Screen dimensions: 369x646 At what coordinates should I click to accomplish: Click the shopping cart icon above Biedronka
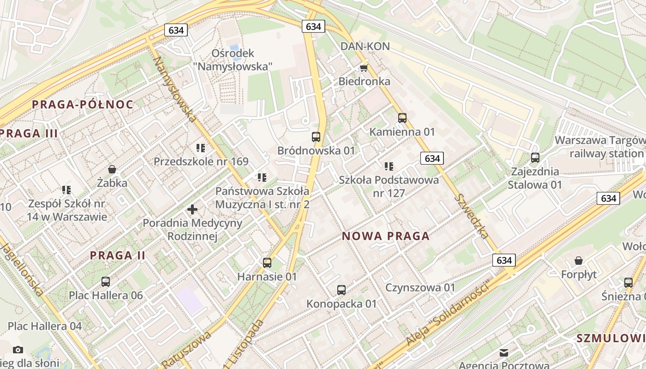364,68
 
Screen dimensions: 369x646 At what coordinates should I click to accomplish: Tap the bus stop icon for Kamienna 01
402,118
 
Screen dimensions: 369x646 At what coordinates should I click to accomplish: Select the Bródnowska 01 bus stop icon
316,137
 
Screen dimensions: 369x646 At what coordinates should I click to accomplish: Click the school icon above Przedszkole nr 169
201,148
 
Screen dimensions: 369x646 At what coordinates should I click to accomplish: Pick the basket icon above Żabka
112,169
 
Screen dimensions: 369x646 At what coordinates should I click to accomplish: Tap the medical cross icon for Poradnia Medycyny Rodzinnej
192,209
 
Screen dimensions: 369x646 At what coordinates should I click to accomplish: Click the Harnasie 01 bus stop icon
267,263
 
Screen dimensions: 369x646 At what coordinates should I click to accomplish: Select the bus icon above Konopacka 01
341,290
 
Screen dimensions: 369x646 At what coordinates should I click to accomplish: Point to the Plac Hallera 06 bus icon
106,281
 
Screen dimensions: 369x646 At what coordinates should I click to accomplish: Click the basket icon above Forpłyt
579,261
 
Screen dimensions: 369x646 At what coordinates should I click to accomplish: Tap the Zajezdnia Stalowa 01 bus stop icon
535,158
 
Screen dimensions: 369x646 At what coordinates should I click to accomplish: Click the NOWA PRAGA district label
386,236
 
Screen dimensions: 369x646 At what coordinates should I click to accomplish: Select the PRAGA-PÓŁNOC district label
83,104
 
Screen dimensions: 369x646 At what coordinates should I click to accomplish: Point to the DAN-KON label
365,46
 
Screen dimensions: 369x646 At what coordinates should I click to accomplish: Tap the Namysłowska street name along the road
175,89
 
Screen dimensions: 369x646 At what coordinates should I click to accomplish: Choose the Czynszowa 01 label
420,288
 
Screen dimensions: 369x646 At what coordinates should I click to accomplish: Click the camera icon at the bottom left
18,350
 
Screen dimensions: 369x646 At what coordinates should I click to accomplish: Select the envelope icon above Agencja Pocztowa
504,353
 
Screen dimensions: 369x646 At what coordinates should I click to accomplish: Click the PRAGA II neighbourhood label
118,255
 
